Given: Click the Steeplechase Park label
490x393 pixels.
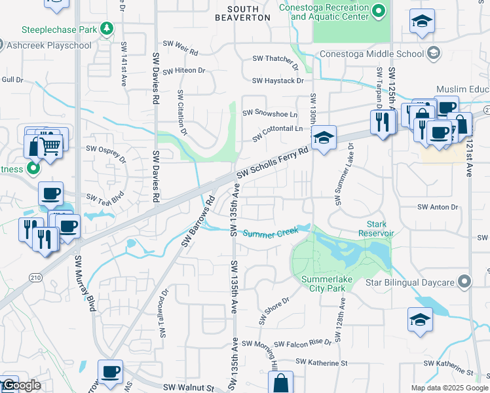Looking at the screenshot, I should point(60,29).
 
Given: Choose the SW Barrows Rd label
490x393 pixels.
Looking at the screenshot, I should point(198,223).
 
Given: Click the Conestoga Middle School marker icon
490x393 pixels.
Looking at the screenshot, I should point(433,52).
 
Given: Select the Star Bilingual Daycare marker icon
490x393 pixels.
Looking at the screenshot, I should point(465,282).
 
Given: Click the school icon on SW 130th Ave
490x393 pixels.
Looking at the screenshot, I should point(323,138).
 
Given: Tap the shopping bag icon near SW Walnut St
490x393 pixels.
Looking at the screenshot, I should point(281,383).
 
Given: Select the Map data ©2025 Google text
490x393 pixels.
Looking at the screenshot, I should point(449,388).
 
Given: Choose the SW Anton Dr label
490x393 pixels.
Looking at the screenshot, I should point(440,207).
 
